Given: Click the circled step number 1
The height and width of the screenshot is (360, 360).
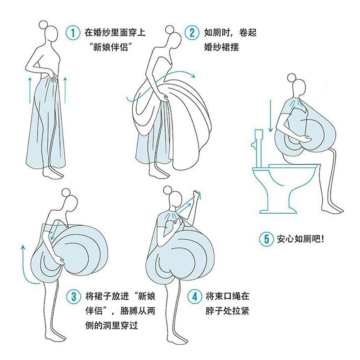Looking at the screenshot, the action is pos(72,32).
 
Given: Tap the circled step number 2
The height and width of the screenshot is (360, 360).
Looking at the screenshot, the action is pos(192,32).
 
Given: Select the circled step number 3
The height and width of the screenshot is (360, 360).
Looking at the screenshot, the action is pos(73,297).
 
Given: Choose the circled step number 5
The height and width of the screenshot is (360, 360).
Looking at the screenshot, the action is pos(266,238).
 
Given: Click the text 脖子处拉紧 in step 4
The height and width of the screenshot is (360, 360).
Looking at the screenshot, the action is pos(227,311).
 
